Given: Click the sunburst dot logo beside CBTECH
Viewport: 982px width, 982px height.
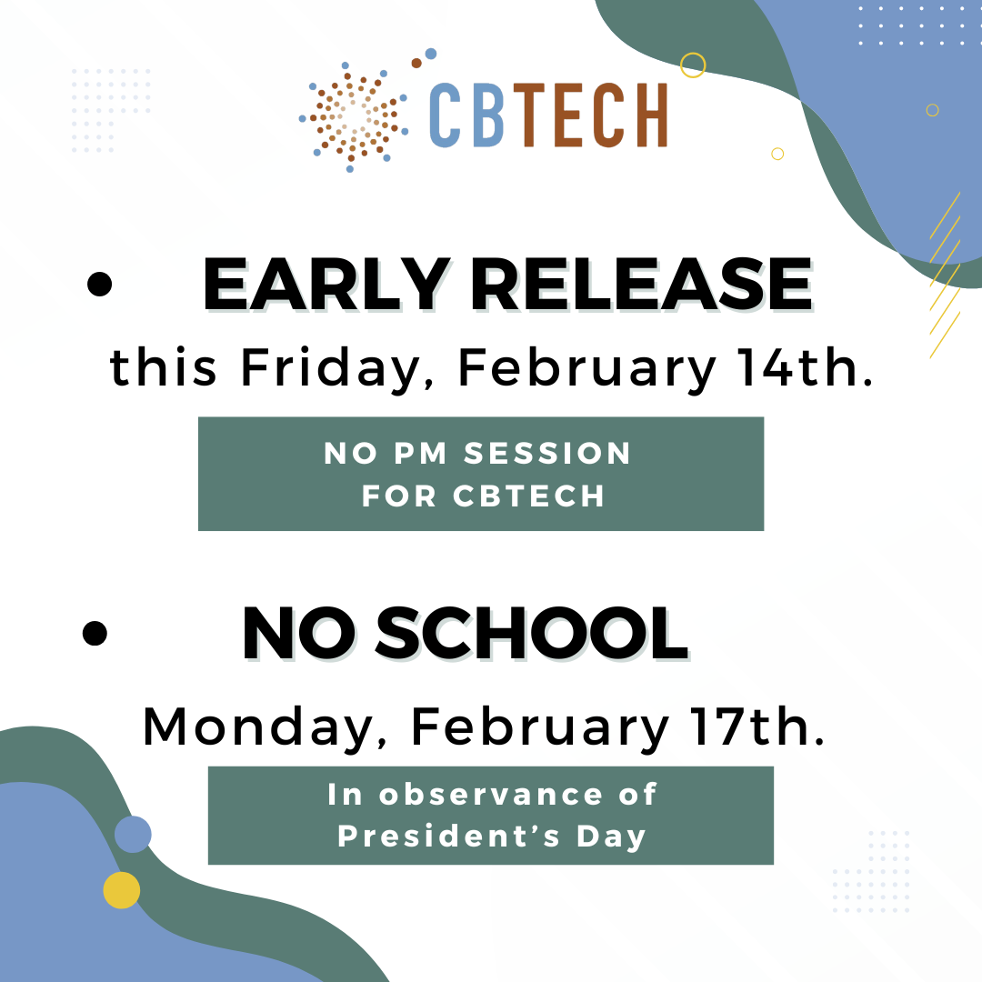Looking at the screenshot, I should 353,115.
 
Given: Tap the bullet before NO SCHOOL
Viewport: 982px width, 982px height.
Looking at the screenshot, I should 95,633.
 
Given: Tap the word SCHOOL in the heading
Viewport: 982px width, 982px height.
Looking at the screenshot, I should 531,634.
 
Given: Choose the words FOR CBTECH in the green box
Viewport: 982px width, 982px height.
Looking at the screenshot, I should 483,496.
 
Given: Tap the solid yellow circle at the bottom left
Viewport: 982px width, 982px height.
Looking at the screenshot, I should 122,890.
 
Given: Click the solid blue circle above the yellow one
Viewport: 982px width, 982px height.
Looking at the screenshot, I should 133,834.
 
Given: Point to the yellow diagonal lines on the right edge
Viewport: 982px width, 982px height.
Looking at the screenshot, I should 946,273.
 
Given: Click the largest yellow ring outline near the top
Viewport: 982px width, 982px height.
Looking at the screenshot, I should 693,65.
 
